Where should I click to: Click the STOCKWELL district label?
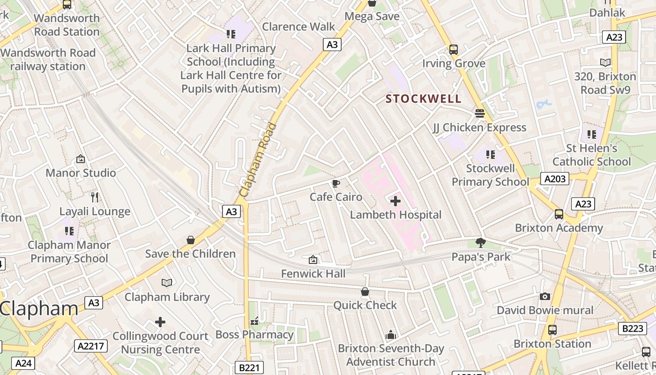[x=424, y=99]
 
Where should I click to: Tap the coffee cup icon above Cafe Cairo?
[x=335, y=183]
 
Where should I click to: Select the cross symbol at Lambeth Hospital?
[x=395, y=201]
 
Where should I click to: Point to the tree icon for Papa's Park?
[x=480, y=243]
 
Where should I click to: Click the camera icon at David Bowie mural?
[x=544, y=296]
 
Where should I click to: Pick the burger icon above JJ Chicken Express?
[x=479, y=113]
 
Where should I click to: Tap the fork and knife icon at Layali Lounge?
[x=95, y=197]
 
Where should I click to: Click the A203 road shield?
[x=555, y=179]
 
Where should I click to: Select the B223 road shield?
[x=633, y=329]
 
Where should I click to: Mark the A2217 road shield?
[x=91, y=346]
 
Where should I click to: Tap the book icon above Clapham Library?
[x=167, y=283]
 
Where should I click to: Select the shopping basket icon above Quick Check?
[x=365, y=292]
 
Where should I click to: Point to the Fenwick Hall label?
[x=313, y=273]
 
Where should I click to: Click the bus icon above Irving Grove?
[x=453, y=50]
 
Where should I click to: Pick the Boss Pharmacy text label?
[x=254, y=335]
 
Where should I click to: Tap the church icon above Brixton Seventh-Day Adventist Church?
[x=390, y=335]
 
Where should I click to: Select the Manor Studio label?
[x=81, y=173]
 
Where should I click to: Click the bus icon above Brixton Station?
[x=552, y=330]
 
